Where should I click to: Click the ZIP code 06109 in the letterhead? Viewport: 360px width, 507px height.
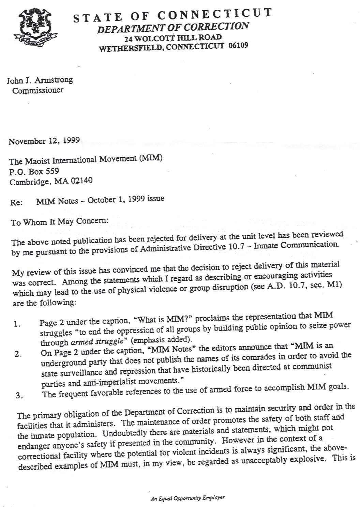(x=238, y=45)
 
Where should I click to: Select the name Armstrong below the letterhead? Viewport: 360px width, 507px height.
(x=54, y=80)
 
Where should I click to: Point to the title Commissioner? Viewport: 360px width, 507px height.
(x=37, y=90)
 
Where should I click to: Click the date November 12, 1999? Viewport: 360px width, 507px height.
(x=44, y=141)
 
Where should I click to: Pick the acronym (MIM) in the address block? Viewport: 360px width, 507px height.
(x=151, y=158)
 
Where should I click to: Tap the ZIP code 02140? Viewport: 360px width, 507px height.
(x=81, y=181)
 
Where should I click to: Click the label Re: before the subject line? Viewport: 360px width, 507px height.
(x=16, y=202)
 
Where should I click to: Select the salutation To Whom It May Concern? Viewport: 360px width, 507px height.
(x=59, y=221)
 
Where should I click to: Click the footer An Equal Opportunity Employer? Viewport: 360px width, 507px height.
(x=187, y=498)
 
